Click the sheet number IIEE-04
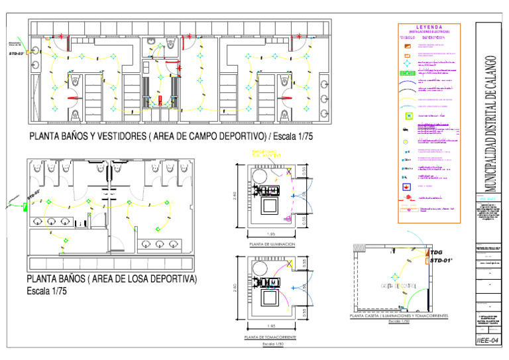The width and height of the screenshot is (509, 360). [488, 340]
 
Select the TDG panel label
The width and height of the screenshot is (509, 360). [436, 253]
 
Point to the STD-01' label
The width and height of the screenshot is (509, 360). [441, 261]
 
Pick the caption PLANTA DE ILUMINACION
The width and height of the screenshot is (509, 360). [272, 245]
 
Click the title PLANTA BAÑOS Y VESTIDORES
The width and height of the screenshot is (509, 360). [170, 137]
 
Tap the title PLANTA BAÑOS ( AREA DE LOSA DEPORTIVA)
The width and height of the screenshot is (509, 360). [111, 279]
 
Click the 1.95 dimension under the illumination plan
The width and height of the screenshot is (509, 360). [270, 234]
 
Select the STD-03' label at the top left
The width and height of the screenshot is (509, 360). [17, 52]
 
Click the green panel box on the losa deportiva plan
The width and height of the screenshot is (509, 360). [24, 206]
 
